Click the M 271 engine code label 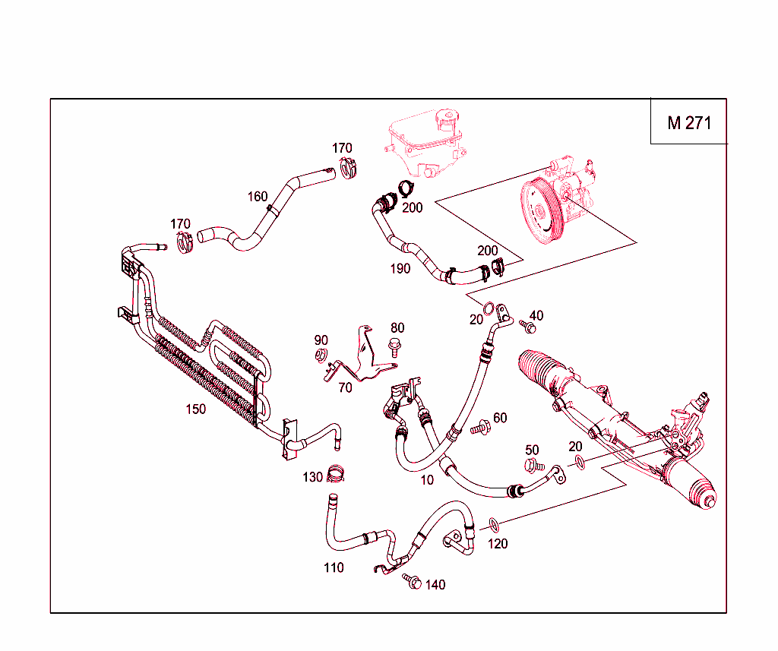[689, 122]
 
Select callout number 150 [195, 409]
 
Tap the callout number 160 [258, 197]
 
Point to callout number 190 [400, 268]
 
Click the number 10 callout [427, 480]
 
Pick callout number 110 [334, 567]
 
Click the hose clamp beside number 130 [336, 476]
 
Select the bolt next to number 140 [413, 581]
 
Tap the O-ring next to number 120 [493, 524]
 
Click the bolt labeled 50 [533, 464]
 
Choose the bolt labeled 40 [529, 326]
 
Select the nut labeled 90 [321, 355]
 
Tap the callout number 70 [345, 387]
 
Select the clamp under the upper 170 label [348, 169]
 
